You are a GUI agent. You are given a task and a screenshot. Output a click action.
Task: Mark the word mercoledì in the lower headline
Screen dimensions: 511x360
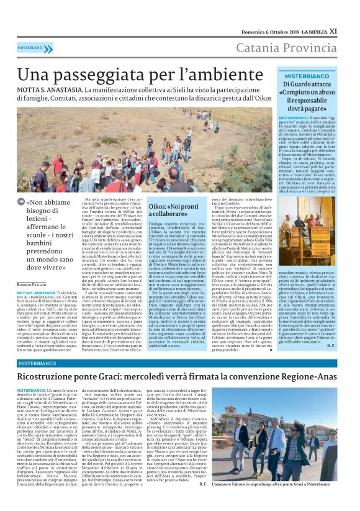coord(179,376)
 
